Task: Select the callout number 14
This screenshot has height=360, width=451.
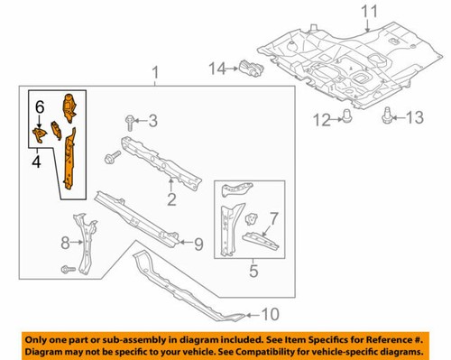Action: click(x=216, y=67)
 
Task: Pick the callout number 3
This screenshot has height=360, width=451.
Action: click(x=152, y=120)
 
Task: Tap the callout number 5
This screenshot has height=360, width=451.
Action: click(x=253, y=268)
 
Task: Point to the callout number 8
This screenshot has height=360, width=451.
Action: click(x=65, y=242)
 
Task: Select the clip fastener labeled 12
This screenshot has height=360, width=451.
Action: click(x=345, y=115)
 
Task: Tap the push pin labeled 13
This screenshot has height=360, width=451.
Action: click(x=388, y=114)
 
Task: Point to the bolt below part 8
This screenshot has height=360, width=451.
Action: click(x=68, y=270)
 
